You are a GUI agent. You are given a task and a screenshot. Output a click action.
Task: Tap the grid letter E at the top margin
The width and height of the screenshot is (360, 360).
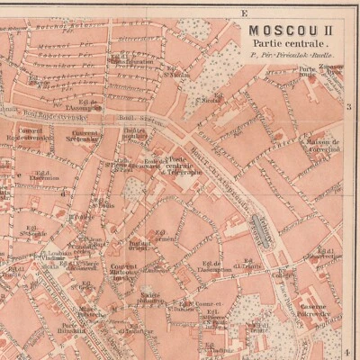pyautogui.click(x=244, y=12)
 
